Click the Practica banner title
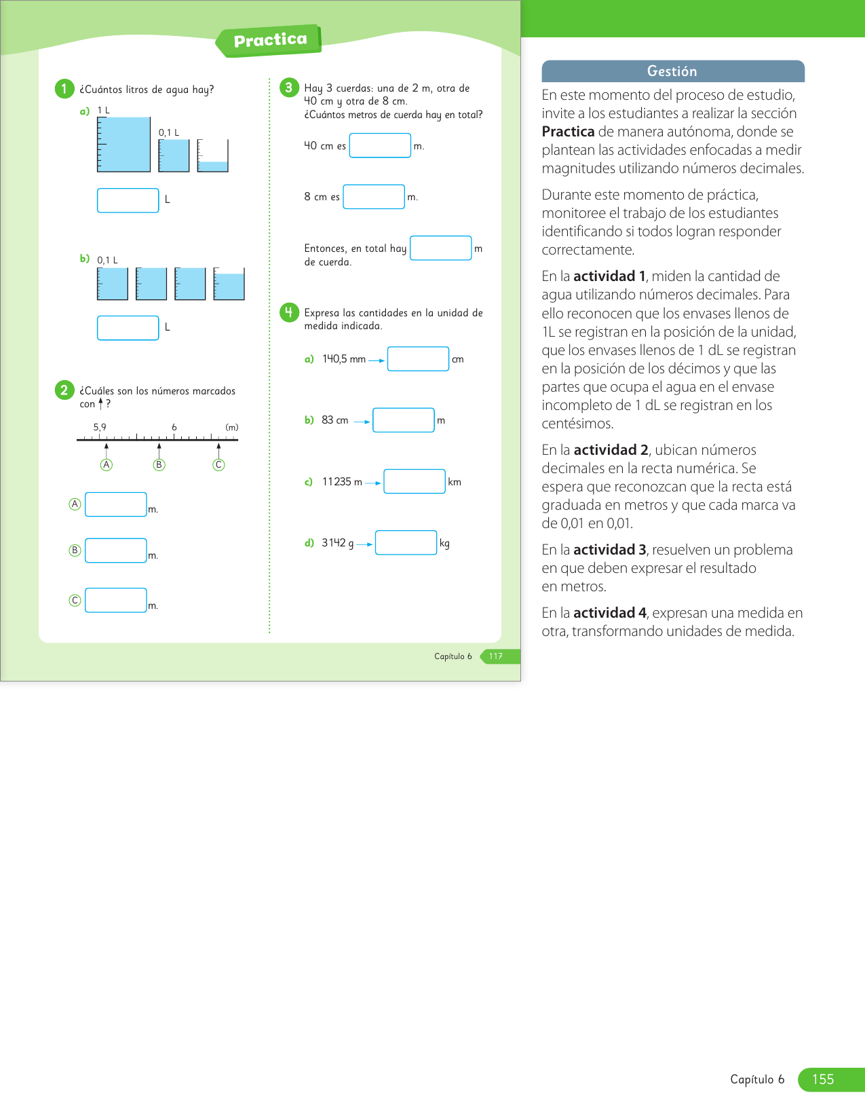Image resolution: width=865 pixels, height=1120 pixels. (270, 40)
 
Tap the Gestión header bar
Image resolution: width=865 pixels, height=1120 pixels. (672, 71)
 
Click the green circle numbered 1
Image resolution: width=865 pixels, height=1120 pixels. (64, 89)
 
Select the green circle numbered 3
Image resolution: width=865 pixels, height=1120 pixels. (289, 88)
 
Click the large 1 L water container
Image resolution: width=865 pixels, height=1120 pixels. (123, 144)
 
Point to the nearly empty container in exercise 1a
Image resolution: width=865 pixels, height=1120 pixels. (213, 157)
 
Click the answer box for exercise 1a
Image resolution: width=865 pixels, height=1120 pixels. (128, 200)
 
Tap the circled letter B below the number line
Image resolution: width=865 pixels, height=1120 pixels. (159, 465)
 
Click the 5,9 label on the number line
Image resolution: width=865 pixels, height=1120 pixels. (100, 427)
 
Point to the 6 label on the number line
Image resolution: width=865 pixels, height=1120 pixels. (174, 427)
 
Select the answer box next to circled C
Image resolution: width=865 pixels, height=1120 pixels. (115, 600)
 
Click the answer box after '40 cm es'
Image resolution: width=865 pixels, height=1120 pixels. (380, 145)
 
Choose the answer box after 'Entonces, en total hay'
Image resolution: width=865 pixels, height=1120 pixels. (440, 248)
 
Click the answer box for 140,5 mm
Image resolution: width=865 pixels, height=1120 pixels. (418, 359)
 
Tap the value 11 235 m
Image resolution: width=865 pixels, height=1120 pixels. (342, 482)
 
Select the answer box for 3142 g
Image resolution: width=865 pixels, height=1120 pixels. (406, 542)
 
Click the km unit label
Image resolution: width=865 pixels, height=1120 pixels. (455, 482)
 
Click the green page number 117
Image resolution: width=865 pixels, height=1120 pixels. (496, 656)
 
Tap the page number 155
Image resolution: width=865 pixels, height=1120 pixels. (823, 1079)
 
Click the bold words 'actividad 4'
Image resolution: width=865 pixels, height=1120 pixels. (609, 613)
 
